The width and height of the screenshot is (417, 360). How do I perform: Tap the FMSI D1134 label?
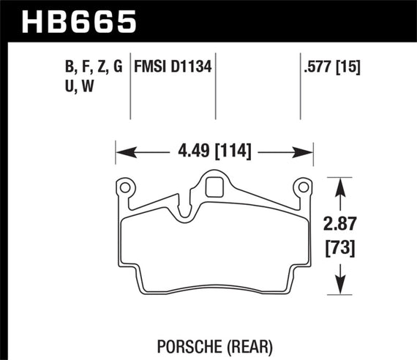click(173, 69)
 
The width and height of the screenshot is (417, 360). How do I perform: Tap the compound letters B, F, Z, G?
click(93, 69)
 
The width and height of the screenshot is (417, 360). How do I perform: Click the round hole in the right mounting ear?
click(301, 188)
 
